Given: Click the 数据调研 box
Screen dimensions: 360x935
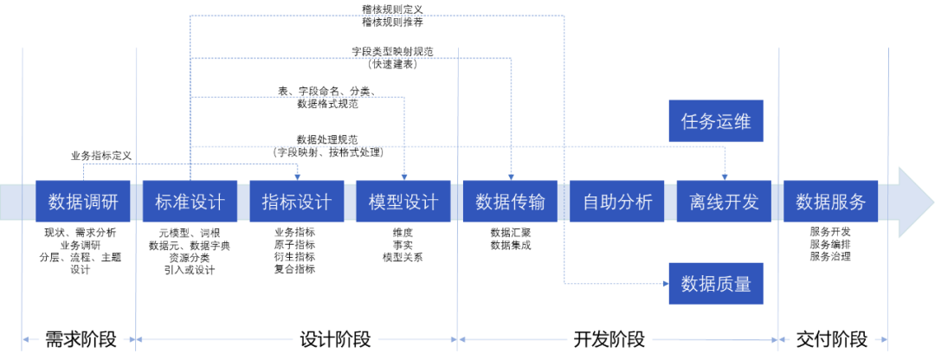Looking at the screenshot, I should (x=83, y=202).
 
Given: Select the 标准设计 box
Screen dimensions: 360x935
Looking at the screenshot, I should (x=190, y=202).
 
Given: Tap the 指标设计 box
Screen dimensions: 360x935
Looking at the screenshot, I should (x=297, y=202).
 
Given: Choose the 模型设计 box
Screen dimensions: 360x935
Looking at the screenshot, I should (x=403, y=202).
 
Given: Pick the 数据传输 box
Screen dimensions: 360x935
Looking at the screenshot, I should (x=510, y=202).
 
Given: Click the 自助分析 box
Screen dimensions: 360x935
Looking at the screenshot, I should (x=617, y=202).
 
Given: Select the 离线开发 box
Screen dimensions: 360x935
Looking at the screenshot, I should (x=724, y=202).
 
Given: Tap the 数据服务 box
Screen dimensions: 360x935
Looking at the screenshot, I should (x=830, y=202).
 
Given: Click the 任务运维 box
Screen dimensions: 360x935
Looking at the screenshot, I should (x=716, y=121).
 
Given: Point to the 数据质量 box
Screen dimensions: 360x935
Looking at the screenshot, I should (x=716, y=283).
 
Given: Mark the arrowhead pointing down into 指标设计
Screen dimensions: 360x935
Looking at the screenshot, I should (x=297, y=176).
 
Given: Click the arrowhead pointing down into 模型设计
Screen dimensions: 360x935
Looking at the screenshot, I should (x=404, y=176).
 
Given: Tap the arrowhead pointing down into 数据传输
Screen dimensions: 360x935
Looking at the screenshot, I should (x=511, y=176).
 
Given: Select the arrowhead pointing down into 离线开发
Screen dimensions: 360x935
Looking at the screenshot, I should (x=725, y=176).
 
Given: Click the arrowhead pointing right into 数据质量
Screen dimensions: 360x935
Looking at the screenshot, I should (x=664, y=283).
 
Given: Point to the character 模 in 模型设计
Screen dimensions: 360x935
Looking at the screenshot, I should (x=377, y=202).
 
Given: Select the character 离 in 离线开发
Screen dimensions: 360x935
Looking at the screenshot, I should (x=698, y=202).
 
